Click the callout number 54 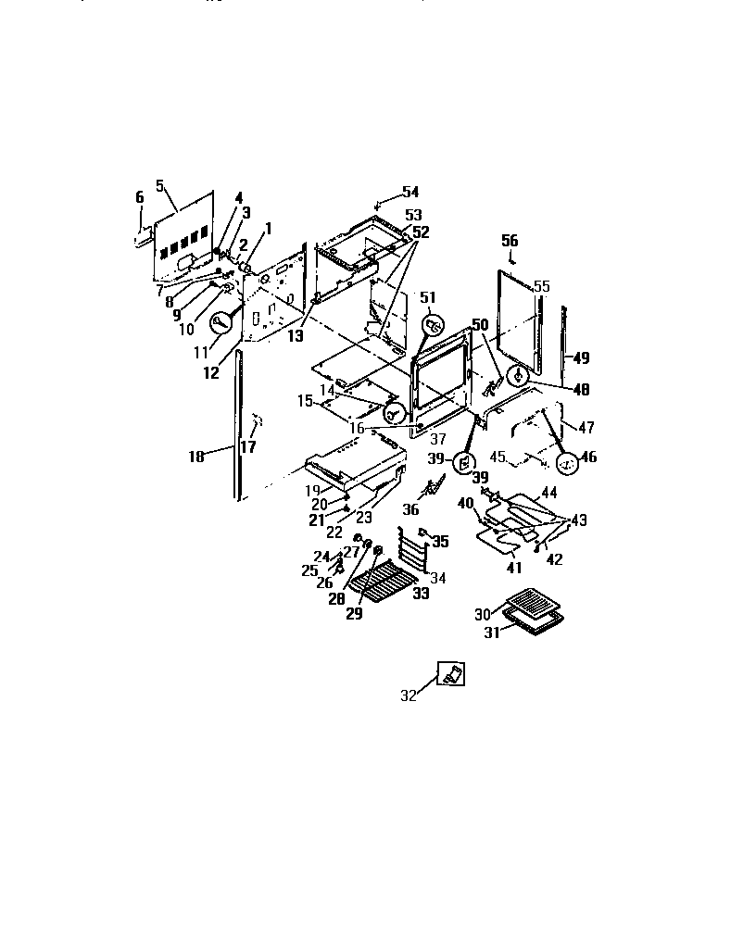(x=409, y=193)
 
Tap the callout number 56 (x=510, y=240)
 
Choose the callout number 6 (x=140, y=197)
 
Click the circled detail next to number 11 (x=221, y=324)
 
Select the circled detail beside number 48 (x=519, y=376)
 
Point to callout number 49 (x=581, y=357)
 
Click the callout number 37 (x=438, y=438)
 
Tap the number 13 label (x=295, y=337)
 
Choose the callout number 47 (x=586, y=428)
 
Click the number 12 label (x=212, y=373)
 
